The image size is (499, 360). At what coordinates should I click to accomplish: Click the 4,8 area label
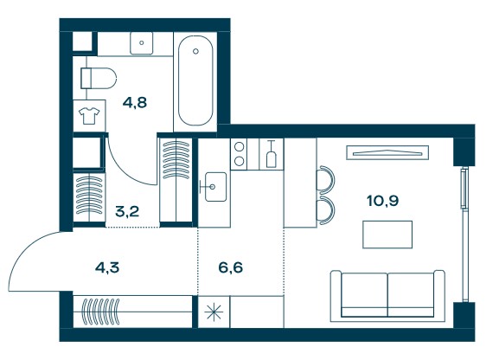point(135,103)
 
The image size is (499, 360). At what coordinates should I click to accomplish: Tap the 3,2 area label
point(127,211)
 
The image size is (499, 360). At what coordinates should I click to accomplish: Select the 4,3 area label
point(107,267)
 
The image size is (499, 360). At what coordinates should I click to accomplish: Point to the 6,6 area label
point(231,267)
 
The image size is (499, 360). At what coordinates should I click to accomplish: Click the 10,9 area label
point(383,201)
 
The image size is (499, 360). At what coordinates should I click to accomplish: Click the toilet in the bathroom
point(99,78)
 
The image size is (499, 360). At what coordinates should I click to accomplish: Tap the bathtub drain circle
point(195,51)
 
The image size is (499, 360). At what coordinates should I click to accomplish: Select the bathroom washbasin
point(141,43)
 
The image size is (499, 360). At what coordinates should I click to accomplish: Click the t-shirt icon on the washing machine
point(89,115)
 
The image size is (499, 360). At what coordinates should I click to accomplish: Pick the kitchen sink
point(215,187)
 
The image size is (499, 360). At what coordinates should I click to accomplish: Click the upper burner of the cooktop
point(239,146)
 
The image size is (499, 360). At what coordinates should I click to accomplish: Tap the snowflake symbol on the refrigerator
point(214,312)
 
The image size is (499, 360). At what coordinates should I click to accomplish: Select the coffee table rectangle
point(387,235)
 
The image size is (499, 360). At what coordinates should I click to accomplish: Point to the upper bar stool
point(325,180)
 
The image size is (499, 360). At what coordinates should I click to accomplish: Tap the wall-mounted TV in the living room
point(387,152)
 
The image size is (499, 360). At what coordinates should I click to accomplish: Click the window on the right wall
point(464,235)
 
